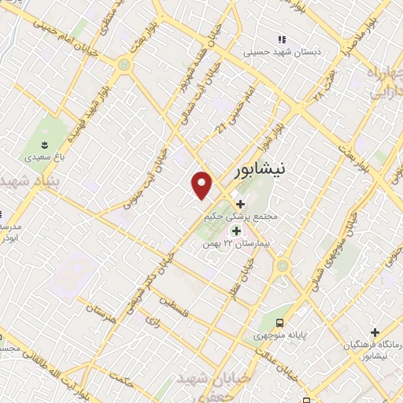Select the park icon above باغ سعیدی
(x=44, y=144)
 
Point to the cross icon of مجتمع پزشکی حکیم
(x=240, y=205)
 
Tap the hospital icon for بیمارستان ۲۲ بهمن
(x=235, y=231)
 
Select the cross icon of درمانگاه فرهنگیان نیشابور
(x=375, y=333)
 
